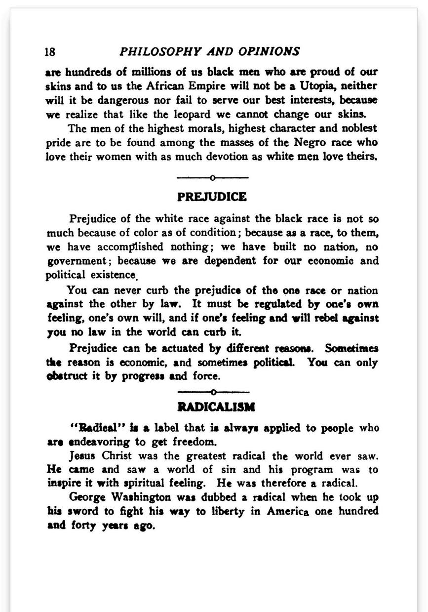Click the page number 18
(49, 52)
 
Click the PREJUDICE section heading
(212, 197)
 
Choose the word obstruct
(68, 377)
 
